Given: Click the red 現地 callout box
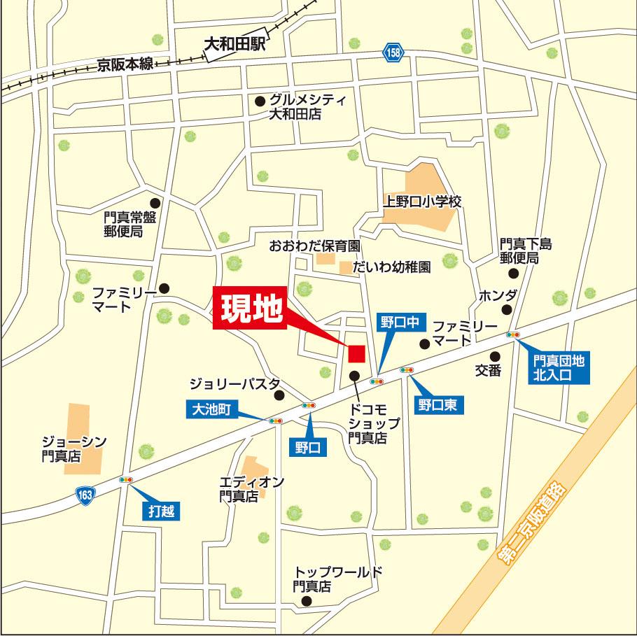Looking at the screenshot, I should [250, 309].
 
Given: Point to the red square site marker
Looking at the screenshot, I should [357, 353].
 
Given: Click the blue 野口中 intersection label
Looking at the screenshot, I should [398, 322].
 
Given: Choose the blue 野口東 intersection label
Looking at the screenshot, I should [437, 404].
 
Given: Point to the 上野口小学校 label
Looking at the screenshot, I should [423, 202].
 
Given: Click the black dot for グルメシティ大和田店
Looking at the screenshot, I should [260, 101].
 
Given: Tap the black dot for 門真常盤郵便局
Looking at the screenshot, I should [155, 204].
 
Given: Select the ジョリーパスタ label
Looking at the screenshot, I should [234, 384].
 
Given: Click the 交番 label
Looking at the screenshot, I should [488, 371].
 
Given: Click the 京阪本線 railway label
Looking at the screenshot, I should [125, 64].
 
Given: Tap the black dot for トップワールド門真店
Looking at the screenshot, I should [305, 600].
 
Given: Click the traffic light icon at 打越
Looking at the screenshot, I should [126, 480].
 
